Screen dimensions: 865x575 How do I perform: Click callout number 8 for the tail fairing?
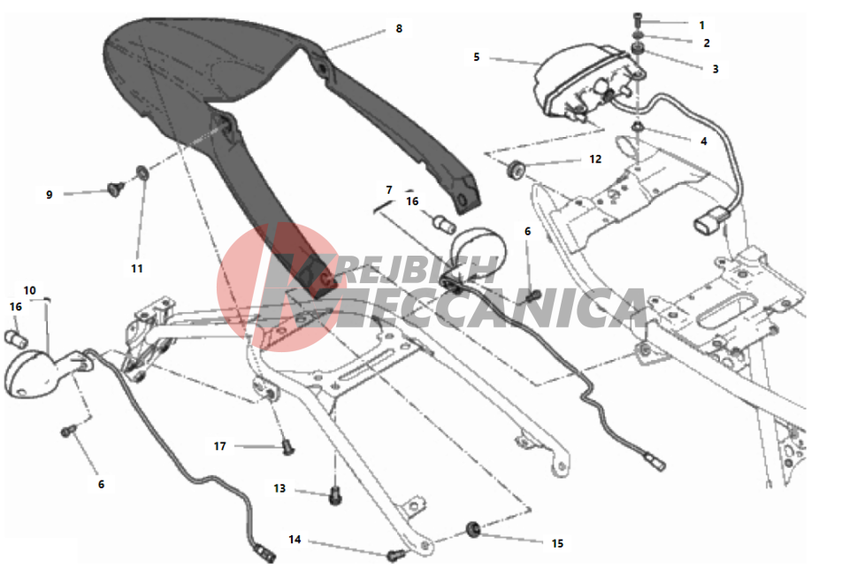point(399,28)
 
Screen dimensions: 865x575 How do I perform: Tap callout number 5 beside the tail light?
point(477,57)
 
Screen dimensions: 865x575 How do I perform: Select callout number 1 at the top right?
point(701,26)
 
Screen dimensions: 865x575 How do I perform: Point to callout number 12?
point(595,159)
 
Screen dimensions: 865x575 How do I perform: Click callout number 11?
point(137,269)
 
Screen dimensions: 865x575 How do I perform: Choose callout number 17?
point(219,446)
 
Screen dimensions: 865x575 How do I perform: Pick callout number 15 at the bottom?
point(557,543)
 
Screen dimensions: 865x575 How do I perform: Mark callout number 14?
point(295,539)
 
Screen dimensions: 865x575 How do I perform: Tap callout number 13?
point(279,488)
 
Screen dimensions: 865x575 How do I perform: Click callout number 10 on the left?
point(30,290)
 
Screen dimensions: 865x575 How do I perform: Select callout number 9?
point(50,195)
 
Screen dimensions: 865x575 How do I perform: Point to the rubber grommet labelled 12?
point(516,169)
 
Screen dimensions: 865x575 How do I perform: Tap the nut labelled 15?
point(473,529)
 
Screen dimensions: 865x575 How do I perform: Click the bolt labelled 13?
point(335,495)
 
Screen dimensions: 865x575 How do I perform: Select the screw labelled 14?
point(395,556)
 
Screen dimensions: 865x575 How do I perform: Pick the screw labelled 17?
point(288,447)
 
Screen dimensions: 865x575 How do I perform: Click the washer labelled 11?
point(142,172)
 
